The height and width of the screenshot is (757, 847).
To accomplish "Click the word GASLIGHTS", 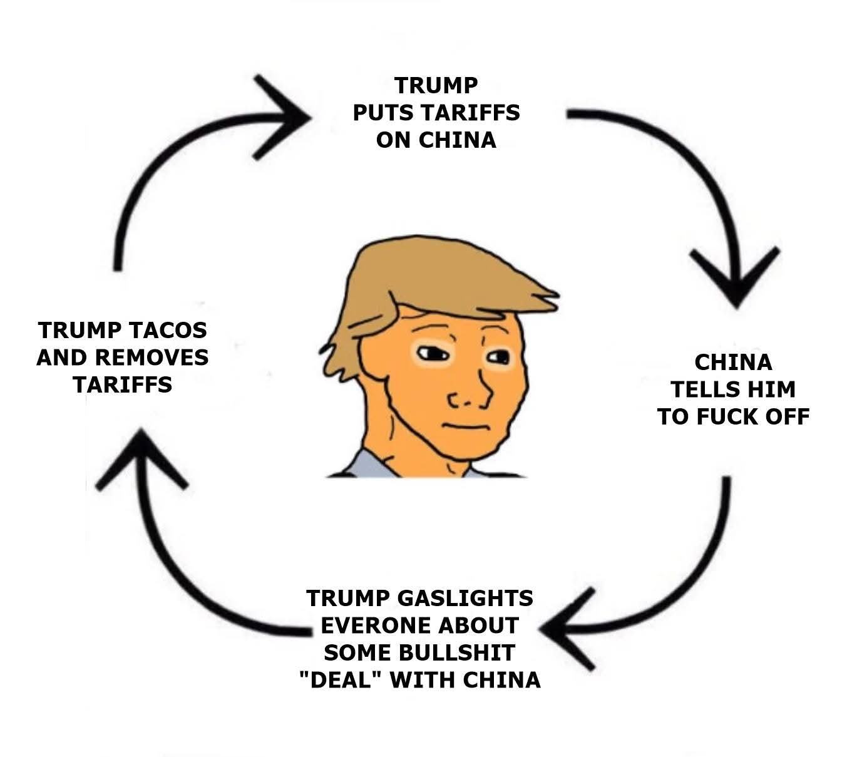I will click(465, 598).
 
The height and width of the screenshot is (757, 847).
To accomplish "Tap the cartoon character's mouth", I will click(463, 425).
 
